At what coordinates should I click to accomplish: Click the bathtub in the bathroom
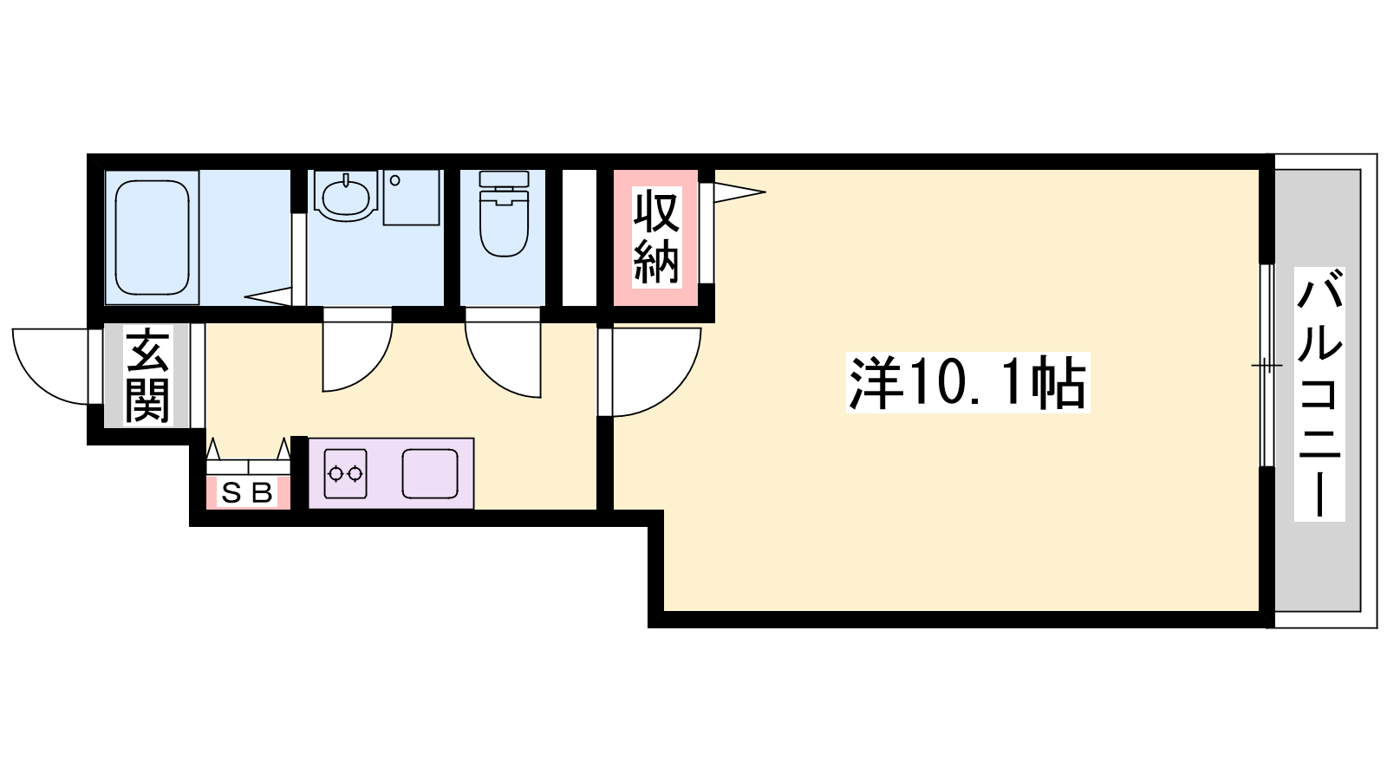pyautogui.click(x=152, y=237)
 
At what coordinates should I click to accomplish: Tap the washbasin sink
pyautogui.click(x=346, y=196)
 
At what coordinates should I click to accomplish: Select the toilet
pyautogui.click(x=504, y=213)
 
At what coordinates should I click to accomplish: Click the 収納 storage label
pyautogui.click(x=656, y=237)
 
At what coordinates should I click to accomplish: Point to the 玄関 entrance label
pyautogui.click(x=147, y=376)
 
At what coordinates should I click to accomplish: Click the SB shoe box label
pyautogui.click(x=247, y=493)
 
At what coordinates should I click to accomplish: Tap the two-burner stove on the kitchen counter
pyautogui.click(x=346, y=474)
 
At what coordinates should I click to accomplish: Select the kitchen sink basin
pyautogui.click(x=430, y=474)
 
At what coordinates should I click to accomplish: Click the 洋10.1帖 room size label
pyautogui.click(x=967, y=382)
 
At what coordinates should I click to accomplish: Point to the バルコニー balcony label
pyautogui.click(x=1319, y=393)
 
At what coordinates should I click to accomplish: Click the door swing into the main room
pyautogui.click(x=649, y=372)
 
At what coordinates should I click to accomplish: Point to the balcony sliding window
pyautogui.click(x=1267, y=365)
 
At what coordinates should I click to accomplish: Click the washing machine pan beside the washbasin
pyautogui.click(x=411, y=198)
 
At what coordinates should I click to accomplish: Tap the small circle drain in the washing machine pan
pyautogui.click(x=395, y=180)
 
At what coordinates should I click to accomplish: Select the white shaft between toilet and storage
pyautogui.click(x=579, y=237)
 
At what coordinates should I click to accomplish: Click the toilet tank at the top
pyautogui.click(x=504, y=179)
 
